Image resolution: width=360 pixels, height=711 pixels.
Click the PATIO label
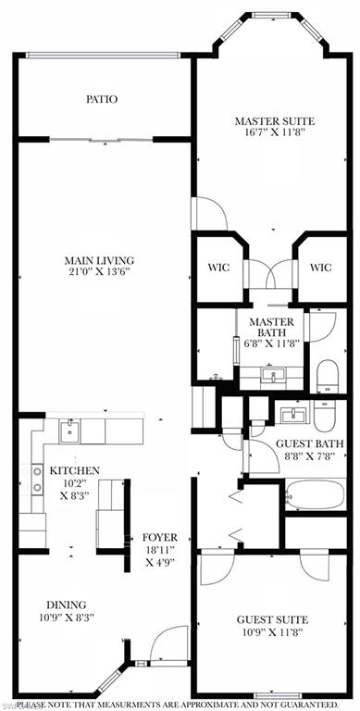click(x=102, y=99)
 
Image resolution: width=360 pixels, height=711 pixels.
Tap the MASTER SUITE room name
click(x=274, y=121)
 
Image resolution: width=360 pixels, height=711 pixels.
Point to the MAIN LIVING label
click(x=99, y=259)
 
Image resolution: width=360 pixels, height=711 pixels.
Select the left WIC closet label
click(x=218, y=268)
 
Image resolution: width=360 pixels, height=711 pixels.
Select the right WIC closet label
click(x=319, y=268)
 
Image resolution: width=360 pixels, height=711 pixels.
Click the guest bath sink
click(x=294, y=413)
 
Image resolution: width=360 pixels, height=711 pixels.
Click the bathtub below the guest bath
click(x=315, y=494)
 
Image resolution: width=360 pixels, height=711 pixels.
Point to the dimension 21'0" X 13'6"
click(x=99, y=273)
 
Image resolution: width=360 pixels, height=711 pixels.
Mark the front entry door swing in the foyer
click(x=168, y=645)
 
